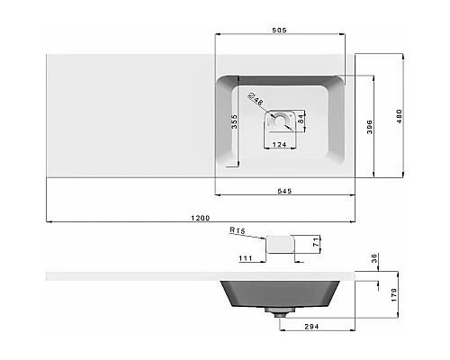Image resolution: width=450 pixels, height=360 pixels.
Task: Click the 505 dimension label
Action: point(279,30)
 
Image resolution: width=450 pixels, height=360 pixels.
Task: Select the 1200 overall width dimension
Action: point(201,218)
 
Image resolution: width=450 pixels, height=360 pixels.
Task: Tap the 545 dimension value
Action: point(284,191)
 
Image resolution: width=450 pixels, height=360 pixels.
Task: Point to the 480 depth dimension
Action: point(399,116)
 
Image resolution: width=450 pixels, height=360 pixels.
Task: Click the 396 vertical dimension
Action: point(370,127)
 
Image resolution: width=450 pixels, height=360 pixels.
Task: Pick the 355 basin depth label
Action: point(234,121)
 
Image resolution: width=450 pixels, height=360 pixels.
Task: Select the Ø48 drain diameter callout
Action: point(256,99)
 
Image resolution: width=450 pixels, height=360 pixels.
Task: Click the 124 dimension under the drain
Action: point(279,145)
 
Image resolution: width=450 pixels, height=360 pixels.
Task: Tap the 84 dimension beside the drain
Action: point(301,119)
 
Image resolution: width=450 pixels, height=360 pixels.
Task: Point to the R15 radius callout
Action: point(238,230)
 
